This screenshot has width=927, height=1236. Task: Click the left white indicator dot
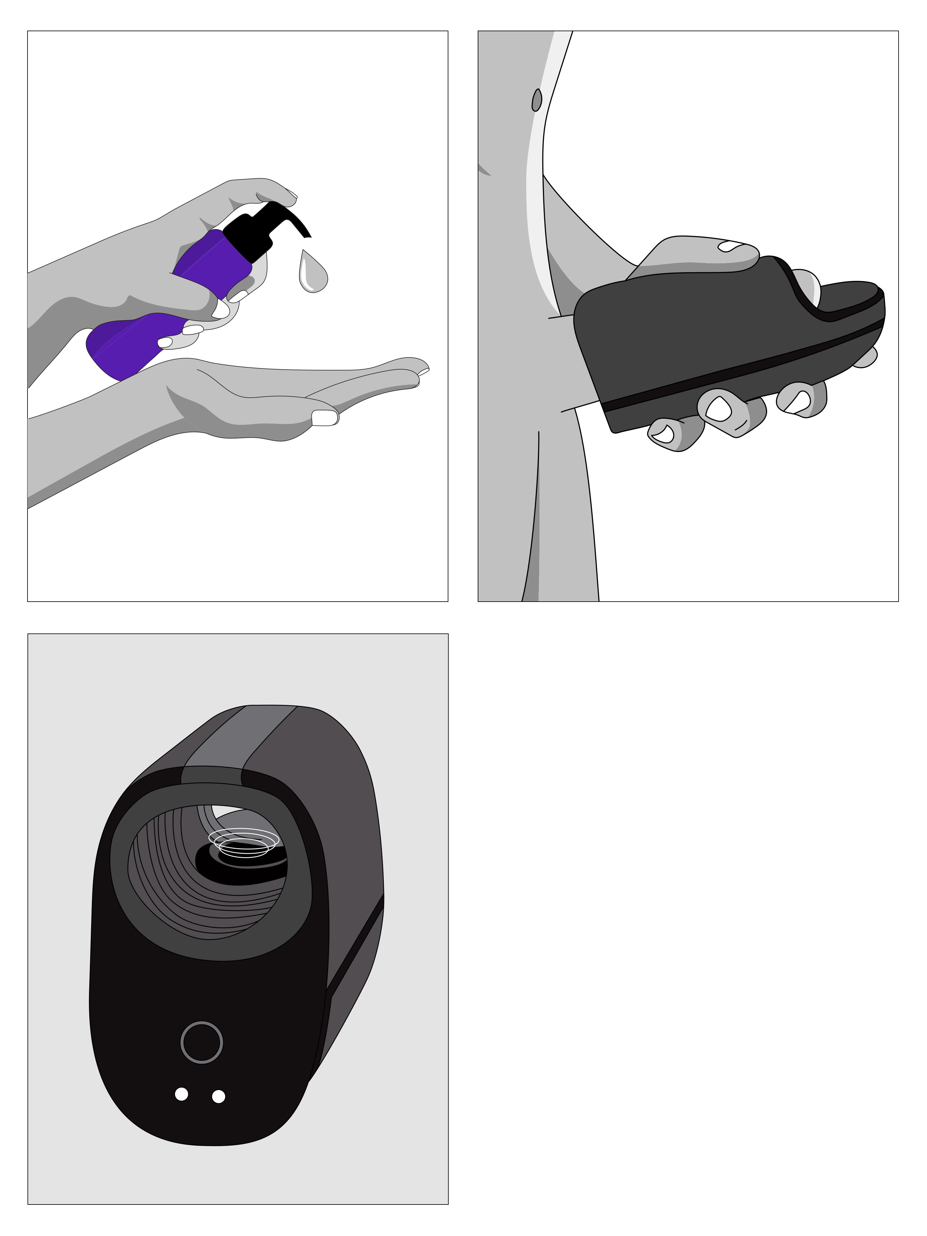[x=181, y=1094]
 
